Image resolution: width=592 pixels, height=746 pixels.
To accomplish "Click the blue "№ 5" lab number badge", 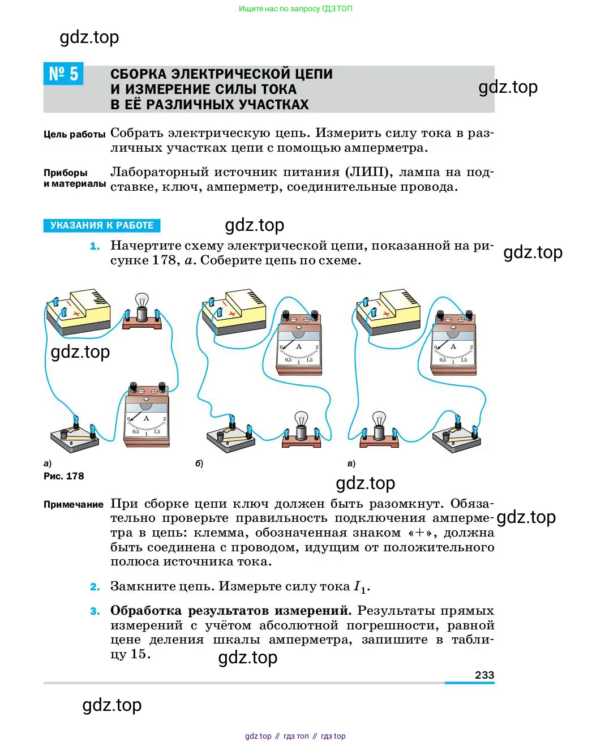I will pos(63,74).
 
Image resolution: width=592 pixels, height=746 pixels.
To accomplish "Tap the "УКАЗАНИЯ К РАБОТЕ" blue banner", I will pos(102,225).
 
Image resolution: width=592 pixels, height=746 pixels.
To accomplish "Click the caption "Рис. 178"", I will pos(63,476).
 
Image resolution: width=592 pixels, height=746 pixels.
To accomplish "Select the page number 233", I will pos(484,675).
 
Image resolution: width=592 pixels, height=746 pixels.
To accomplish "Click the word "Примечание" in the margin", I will pos(74,504).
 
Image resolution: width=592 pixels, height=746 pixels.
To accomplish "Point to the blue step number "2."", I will pos(95,587).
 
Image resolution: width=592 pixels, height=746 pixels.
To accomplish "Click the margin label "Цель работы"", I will pos(74,134).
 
